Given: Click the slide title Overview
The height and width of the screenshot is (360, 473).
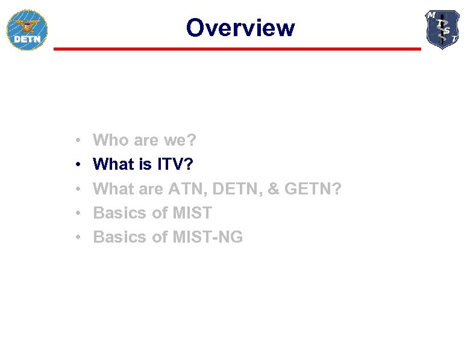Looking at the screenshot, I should pyautogui.click(x=240, y=28).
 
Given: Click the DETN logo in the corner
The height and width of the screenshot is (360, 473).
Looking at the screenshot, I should pyautogui.click(x=27, y=30).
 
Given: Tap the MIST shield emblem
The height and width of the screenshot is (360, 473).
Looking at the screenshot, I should pyautogui.click(x=442, y=29).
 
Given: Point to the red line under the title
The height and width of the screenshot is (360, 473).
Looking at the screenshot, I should pyautogui.click(x=237, y=49).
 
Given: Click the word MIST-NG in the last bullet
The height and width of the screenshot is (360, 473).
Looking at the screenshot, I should pyautogui.click(x=208, y=237).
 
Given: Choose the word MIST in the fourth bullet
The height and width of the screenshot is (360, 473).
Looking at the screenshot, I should pyautogui.click(x=192, y=213).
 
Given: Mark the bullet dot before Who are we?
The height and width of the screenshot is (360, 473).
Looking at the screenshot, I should pyautogui.click(x=79, y=141).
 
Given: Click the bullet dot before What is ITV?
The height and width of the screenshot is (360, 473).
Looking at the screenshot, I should pyautogui.click(x=79, y=165).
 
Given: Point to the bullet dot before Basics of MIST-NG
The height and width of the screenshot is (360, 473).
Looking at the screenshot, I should pyautogui.click(x=79, y=238).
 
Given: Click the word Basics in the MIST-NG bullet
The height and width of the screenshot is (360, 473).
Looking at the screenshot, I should pyautogui.click(x=120, y=237).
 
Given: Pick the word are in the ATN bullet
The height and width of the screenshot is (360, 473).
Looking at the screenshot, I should pyautogui.click(x=151, y=188).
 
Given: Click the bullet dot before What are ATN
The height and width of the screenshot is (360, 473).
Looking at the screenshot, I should pyautogui.click(x=79, y=189).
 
